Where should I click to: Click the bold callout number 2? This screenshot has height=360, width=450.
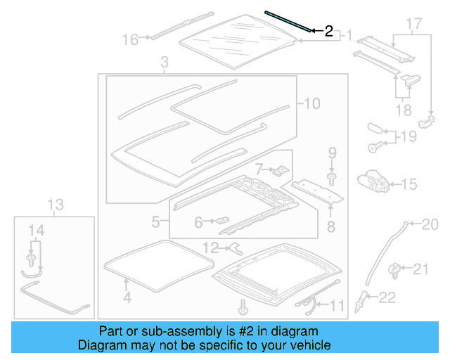coord(328,32)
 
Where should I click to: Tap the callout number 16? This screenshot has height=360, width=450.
coord(131,39)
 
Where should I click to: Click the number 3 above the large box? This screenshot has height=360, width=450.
coord(164,64)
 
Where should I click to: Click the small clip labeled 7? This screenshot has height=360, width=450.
coord(280,169)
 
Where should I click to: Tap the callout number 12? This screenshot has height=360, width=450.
coord(210,247)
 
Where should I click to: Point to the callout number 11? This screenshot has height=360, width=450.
coord(339,305)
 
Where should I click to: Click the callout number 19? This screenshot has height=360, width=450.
coord(409,138)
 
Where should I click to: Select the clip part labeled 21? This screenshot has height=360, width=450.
coord(398,268)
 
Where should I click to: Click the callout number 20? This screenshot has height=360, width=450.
coord(430,225)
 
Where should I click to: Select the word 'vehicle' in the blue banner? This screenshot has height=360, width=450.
coord(306,345)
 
